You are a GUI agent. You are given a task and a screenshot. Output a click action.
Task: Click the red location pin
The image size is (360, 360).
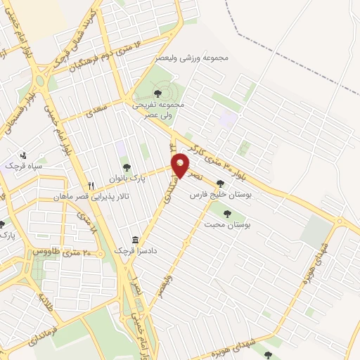(181, 165)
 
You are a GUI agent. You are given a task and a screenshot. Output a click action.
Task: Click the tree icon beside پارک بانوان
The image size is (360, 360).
(126, 167)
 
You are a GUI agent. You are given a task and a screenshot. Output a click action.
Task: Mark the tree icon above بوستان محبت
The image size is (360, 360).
(226, 212)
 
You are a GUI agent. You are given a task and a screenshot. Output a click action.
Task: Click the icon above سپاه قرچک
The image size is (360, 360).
(23, 155)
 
